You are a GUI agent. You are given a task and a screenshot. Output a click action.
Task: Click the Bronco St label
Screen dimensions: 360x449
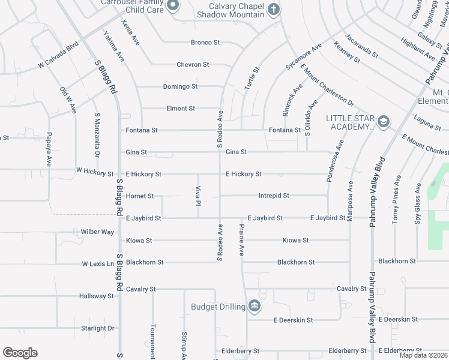click(206, 43)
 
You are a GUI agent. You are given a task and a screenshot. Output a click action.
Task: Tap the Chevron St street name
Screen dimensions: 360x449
click(193, 64)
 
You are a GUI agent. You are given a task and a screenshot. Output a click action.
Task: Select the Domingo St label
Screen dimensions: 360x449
click(180, 86)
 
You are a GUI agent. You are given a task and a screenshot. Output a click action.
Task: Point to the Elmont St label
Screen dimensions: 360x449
click(181, 109)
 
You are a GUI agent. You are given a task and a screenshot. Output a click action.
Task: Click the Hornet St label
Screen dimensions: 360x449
click(140, 196)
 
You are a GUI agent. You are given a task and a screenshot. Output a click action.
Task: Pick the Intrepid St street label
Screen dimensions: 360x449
click(274, 196)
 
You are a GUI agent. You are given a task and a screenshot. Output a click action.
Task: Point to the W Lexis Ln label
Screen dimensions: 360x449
click(98, 263)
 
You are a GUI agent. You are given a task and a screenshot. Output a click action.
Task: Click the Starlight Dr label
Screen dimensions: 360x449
click(97, 328)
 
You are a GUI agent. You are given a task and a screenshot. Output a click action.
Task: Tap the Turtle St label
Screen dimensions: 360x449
click(252, 79)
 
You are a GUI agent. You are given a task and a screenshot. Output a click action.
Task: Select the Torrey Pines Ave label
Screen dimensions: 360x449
click(396, 200)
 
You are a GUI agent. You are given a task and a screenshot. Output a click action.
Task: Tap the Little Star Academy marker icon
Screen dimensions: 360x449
click(383, 122)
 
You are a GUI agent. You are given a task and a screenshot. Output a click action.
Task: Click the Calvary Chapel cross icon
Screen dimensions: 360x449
click(274, 9)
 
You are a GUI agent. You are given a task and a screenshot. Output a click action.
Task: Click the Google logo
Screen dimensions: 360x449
click(20, 353)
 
